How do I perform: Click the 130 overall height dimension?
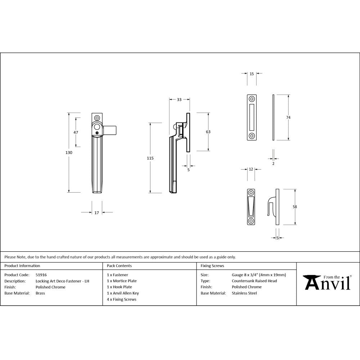tap(69, 153)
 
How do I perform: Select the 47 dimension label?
tap(76, 132)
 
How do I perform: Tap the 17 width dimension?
tap(96, 213)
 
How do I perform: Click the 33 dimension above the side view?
tap(179, 100)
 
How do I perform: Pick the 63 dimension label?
tap(208, 132)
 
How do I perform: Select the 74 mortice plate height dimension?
tap(288, 117)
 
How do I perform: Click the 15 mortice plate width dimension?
tap(252, 74)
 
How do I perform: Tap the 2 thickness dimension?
tap(273, 163)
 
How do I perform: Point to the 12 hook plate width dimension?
tap(251, 169)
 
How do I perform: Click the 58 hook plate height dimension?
tap(295, 207)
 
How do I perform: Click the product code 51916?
tap(41, 275)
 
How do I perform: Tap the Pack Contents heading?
tap(119, 266)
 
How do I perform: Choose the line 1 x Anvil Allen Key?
tap(123, 293)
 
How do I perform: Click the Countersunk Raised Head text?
tap(254, 281)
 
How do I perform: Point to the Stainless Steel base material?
tap(244, 293)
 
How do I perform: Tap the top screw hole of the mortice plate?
tap(252, 99)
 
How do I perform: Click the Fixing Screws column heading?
tap(212, 266)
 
